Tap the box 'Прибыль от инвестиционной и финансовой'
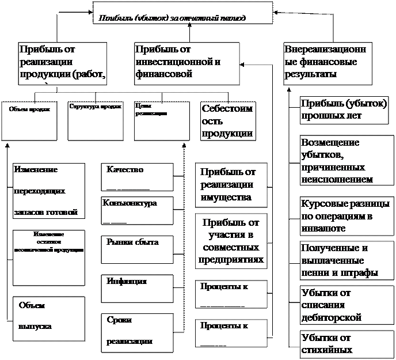178,62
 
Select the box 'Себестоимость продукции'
227,122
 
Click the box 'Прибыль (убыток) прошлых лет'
344,109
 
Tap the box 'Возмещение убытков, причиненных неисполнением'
345,160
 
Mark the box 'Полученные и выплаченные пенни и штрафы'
345,259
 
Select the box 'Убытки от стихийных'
345,343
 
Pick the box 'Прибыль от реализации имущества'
232,184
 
